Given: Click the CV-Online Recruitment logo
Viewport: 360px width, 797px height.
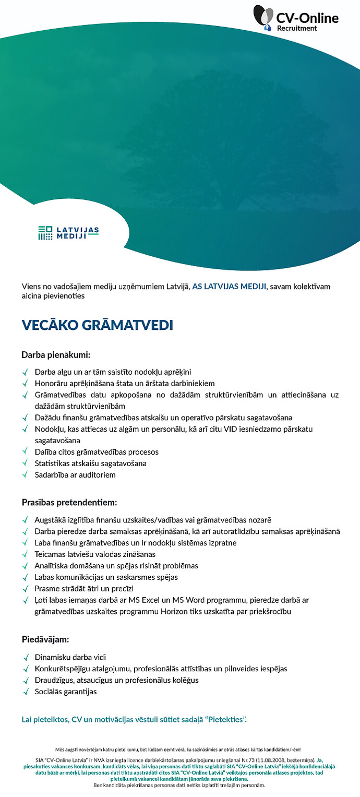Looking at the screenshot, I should pos(295,19).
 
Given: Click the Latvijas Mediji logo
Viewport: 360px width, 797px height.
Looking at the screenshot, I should pos(68,233).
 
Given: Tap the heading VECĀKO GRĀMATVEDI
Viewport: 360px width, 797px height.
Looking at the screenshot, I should pos(97,325).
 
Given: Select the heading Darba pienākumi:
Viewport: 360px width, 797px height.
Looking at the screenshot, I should pos(56,355).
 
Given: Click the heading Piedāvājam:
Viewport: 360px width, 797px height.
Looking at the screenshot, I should pos(45,639).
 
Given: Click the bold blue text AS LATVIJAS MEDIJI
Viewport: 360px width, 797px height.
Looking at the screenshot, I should pos(230,286).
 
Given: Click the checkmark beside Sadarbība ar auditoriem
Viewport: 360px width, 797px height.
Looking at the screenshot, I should pos(25,475).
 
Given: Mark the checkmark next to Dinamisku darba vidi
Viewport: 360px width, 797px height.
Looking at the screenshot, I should pos(25,657).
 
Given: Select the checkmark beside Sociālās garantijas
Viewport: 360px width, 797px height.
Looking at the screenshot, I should pos(25,692).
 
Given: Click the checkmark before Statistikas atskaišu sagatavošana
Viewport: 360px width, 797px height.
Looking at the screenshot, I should pos(25,463).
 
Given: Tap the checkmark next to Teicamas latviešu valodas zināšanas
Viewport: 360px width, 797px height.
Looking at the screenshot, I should pos(25,554).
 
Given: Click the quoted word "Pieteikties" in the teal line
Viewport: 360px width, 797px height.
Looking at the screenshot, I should pos(226,720).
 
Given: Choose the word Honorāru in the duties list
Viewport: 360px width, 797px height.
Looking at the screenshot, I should pos(50,383).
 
